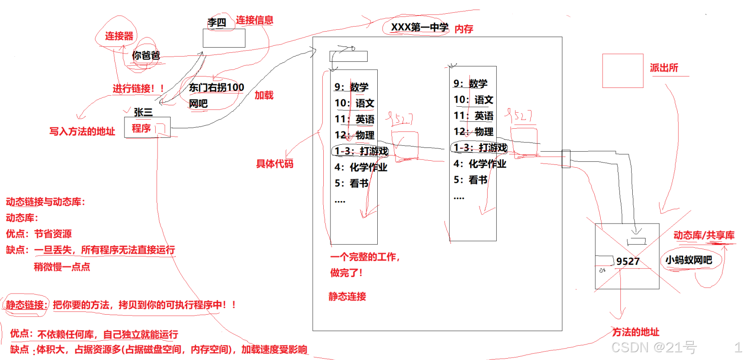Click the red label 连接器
pos(119,36)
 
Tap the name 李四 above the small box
pos(217,22)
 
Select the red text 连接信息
pos(255,20)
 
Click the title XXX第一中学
pos(419,27)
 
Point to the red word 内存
pos(464,29)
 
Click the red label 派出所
pos(664,68)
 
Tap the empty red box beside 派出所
pos(623,71)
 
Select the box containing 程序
pos(147,127)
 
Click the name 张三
pos(143,112)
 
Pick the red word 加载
pos(264,95)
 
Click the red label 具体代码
pos(275,164)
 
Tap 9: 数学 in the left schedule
pos(352,87)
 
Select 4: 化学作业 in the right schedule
pos(480,164)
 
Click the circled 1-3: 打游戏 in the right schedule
pos(480,147)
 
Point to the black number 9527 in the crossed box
pos(628,262)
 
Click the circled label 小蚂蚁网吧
pos(689,260)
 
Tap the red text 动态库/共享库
pos(704,235)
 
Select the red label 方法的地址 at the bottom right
pos(636,332)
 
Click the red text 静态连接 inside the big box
pos(348,297)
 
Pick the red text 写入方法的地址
pos(82,132)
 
